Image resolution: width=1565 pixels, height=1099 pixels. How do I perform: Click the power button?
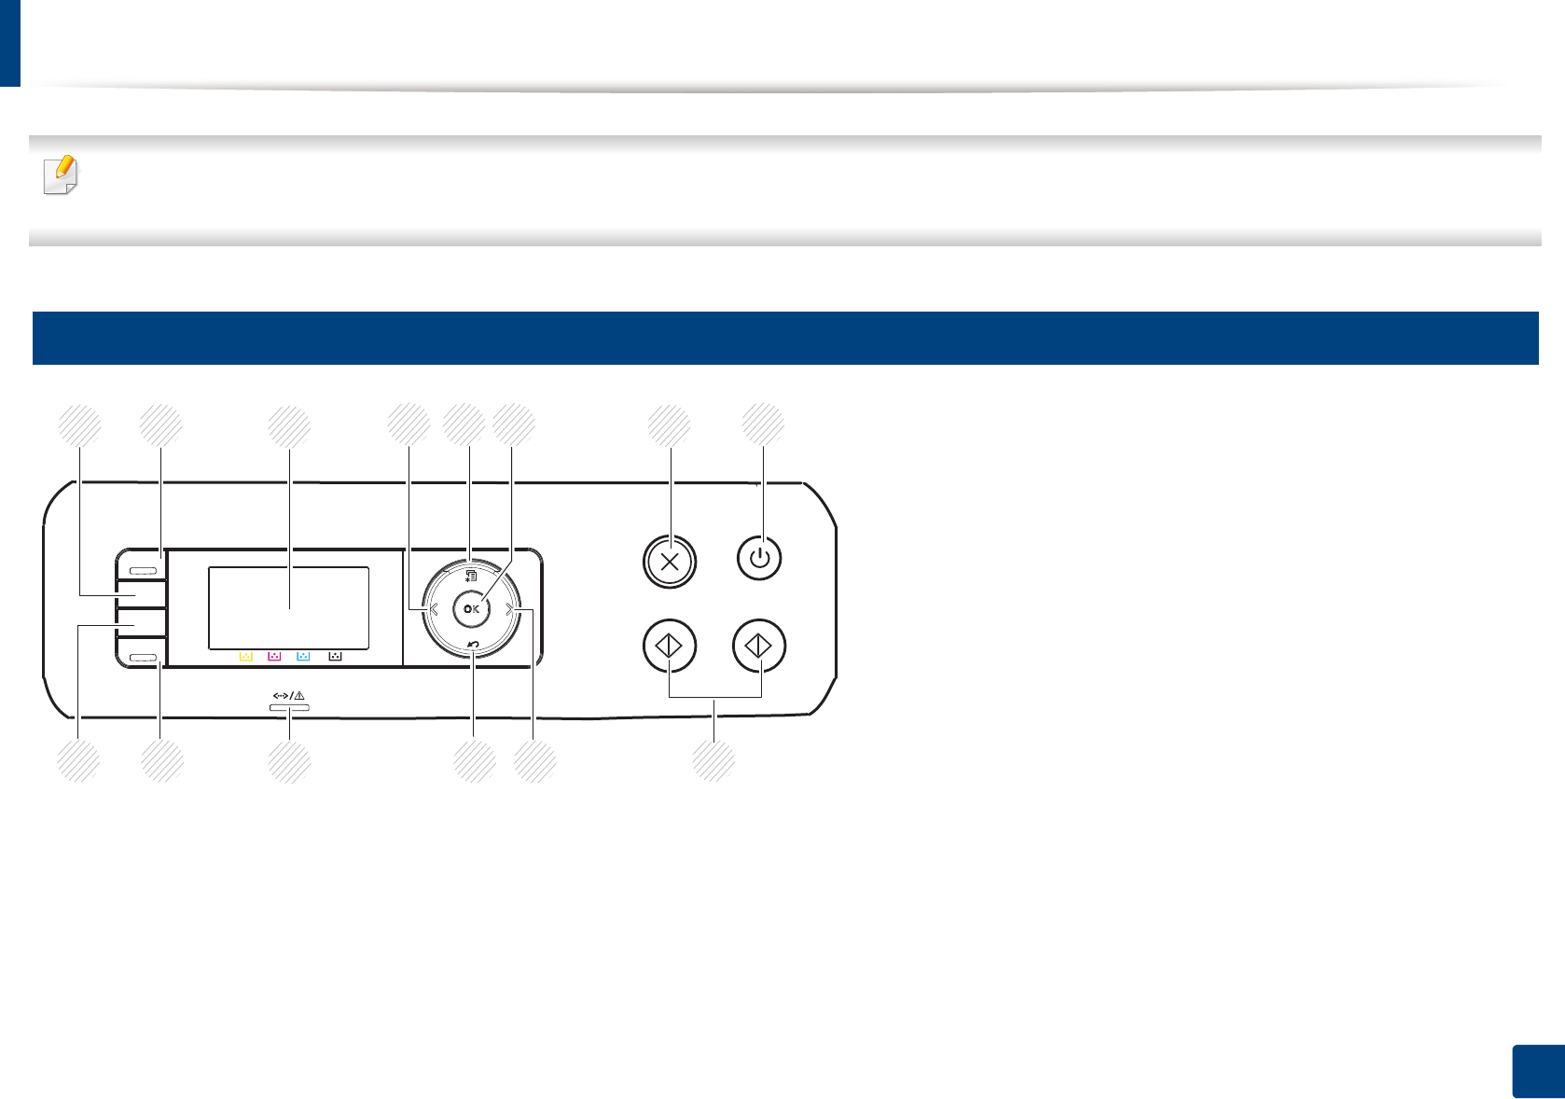760,559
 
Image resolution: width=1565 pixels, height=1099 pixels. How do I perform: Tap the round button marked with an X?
670,561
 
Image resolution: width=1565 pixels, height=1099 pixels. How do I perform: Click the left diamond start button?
670,646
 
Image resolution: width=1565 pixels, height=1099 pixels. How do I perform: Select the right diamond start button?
759,646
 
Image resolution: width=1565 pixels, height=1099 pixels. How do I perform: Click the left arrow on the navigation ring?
434,610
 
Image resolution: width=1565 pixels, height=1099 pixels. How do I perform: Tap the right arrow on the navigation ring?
509,610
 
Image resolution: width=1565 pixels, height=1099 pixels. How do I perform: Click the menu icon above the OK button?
471,577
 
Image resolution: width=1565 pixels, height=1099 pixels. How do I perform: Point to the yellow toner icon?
246,657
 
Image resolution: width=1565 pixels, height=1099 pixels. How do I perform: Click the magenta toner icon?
274,657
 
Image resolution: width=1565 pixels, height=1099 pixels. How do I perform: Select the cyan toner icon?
303,657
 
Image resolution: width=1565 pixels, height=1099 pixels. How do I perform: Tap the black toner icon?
335,657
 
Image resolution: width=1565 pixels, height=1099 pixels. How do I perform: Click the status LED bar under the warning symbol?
289,709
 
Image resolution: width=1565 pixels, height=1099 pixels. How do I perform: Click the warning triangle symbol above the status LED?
299,696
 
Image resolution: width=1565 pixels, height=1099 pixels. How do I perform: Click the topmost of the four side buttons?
143,568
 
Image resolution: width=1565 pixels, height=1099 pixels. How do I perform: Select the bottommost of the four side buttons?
143,658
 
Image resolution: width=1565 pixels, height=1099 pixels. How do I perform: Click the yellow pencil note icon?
62,174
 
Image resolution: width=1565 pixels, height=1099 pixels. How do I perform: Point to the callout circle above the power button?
763,425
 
